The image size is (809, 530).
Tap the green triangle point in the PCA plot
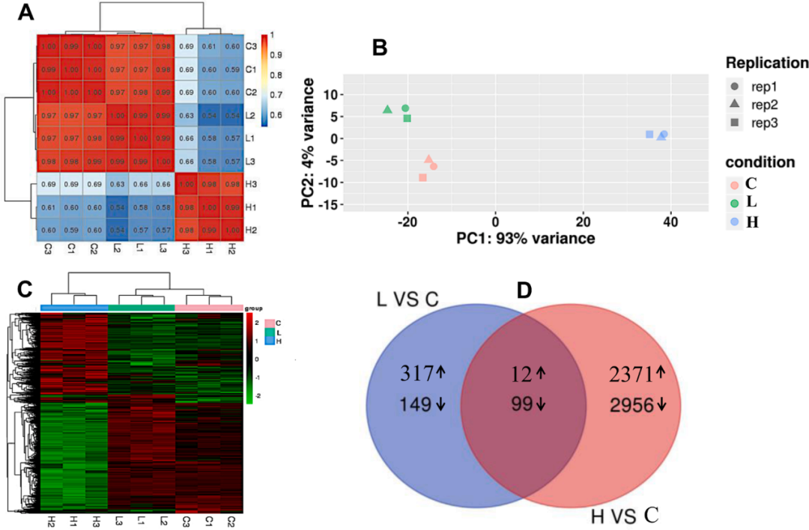387,109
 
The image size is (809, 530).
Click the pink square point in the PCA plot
422,177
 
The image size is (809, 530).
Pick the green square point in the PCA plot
407,118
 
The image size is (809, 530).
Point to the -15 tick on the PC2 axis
327,204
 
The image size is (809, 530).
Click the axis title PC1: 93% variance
525,238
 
